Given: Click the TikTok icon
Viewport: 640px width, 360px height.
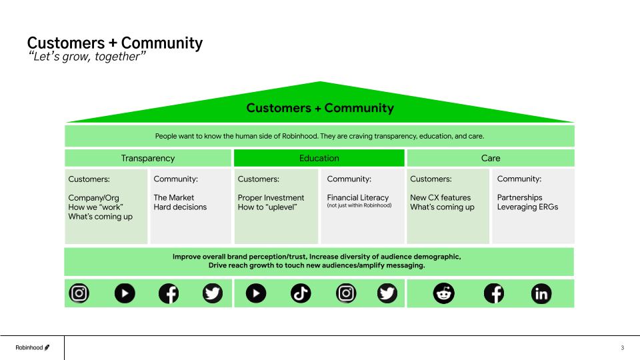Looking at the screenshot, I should click(x=301, y=293).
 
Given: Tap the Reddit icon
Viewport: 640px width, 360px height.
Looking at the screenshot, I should click(x=443, y=293).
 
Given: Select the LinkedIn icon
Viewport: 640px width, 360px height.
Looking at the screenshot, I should click(x=541, y=293).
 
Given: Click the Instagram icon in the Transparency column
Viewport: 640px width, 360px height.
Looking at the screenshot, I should click(x=79, y=293).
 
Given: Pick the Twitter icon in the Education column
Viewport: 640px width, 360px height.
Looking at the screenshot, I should click(x=387, y=293).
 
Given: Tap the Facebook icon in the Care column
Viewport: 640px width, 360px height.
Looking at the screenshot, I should click(x=493, y=293).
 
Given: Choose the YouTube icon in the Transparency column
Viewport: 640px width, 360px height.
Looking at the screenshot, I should click(x=124, y=293).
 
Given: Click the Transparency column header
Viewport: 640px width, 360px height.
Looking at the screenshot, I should click(x=148, y=158).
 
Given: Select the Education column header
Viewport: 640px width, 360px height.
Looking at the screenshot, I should click(x=319, y=158).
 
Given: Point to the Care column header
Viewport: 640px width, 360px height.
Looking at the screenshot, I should click(x=491, y=158).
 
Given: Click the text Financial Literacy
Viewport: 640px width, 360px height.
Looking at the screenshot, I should click(x=357, y=197).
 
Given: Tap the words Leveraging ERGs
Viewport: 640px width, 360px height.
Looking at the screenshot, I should click(x=527, y=207).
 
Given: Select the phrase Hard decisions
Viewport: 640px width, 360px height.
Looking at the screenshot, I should click(x=180, y=207).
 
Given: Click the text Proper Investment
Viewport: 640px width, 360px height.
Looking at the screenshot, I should click(x=271, y=197).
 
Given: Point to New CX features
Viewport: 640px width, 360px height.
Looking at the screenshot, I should click(x=440, y=197).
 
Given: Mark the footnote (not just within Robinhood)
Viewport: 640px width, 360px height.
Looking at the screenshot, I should click(x=359, y=205).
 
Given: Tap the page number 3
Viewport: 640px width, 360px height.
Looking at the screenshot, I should click(x=622, y=348).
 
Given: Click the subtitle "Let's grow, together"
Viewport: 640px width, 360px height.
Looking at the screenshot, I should click(x=87, y=57).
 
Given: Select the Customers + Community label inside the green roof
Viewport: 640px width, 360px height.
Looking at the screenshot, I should click(x=320, y=108).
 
